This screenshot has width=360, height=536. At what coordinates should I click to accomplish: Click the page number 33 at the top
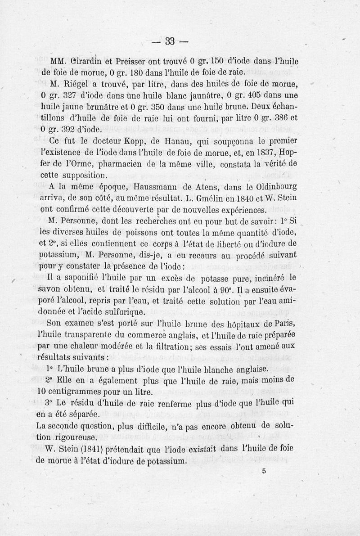(170, 42)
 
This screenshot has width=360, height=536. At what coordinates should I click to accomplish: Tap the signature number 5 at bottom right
(263, 471)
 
